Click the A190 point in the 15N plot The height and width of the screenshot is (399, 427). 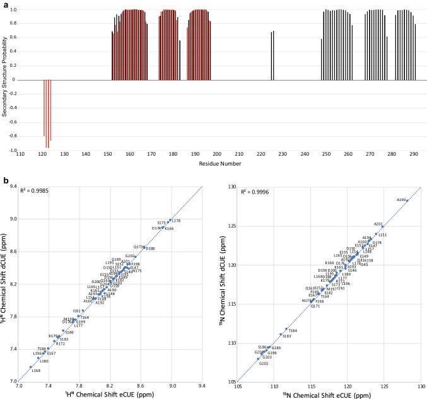[407, 200]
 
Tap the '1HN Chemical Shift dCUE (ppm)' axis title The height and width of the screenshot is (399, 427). [4, 284]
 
